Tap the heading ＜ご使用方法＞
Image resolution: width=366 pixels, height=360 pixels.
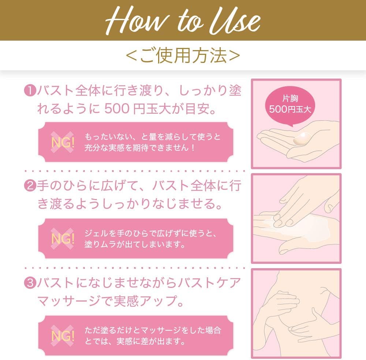coord(183,56)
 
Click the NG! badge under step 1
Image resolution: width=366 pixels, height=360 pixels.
coord(62,142)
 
